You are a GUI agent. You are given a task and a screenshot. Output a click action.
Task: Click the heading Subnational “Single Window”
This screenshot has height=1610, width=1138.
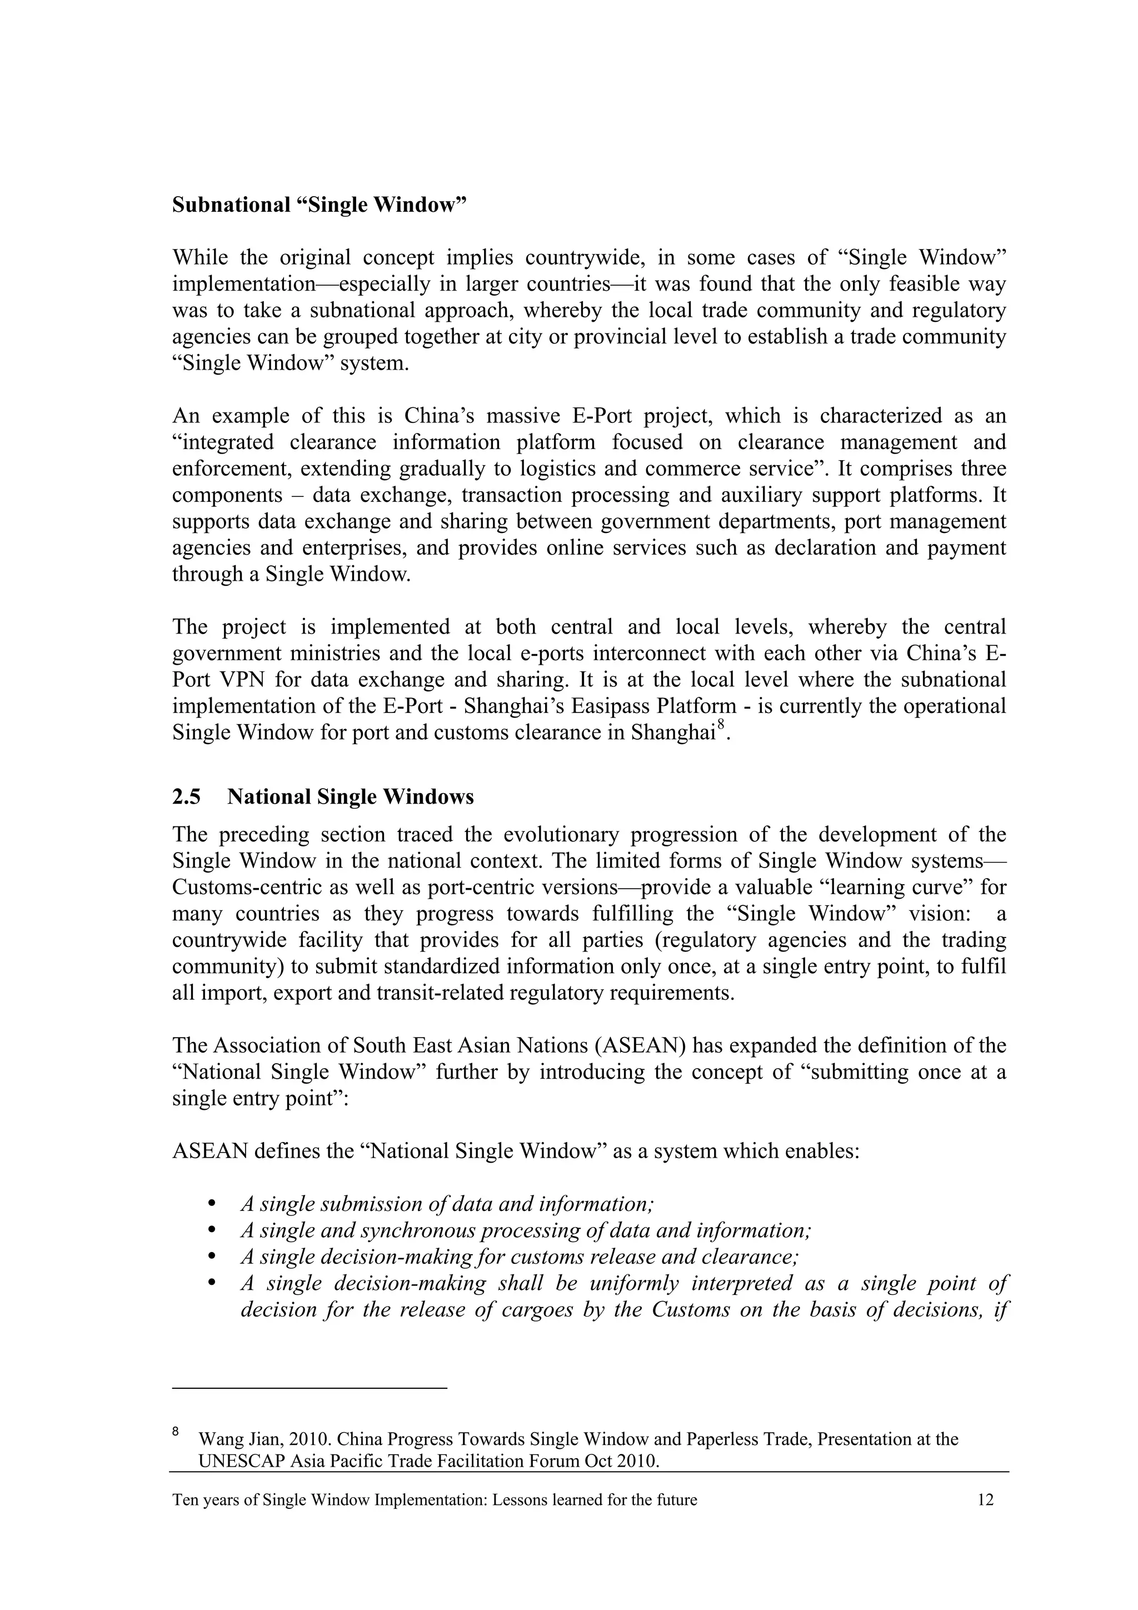pos(319,206)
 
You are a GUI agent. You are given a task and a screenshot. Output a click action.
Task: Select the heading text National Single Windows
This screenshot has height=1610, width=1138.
pos(350,797)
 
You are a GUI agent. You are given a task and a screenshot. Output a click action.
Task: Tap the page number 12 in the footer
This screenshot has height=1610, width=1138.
pos(985,1500)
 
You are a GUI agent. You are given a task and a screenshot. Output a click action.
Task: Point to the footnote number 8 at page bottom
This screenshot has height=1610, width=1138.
pos(176,1430)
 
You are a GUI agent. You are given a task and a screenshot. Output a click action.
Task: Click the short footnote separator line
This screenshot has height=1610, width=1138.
pos(309,1388)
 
